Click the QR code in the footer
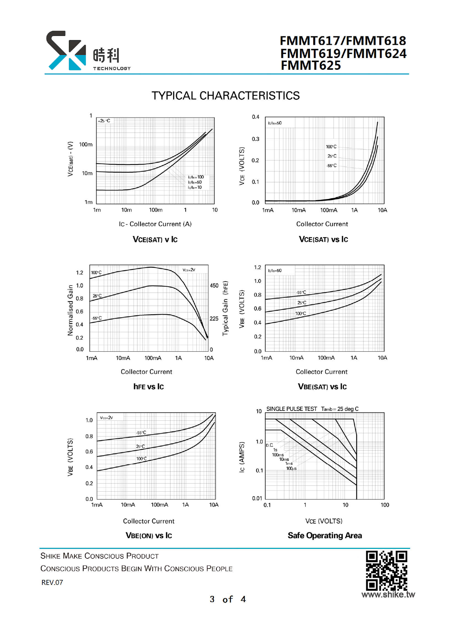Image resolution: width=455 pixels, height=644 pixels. coord(386,571)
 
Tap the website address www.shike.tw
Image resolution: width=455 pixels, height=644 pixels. coord(388,594)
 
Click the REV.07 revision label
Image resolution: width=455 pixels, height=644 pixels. coord(52,582)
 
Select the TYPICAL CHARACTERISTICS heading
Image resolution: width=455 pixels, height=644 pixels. coord(226,96)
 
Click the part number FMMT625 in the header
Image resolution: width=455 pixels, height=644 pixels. coord(311,65)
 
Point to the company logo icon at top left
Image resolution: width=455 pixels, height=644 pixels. coord(66,51)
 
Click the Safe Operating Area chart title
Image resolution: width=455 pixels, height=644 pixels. coord(324,536)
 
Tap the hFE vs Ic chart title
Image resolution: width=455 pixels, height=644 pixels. coord(148,387)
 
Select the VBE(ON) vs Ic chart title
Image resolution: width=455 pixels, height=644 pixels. coord(149,536)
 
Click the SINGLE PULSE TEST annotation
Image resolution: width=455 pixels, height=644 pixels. coord(291,409)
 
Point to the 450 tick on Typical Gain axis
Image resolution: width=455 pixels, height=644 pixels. coord(214,286)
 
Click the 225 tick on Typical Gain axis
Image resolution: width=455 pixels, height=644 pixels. coord(214,319)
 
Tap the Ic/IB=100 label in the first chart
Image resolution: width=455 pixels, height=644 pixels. coord(196,177)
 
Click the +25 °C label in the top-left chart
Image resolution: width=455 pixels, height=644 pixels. coord(104,121)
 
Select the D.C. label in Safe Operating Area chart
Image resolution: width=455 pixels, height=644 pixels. coord(269,445)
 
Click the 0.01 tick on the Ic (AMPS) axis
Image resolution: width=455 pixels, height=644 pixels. coord(257,498)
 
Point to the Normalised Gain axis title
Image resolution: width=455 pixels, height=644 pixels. coord(70,310)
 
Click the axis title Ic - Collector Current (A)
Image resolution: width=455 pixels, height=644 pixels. coord(155,224)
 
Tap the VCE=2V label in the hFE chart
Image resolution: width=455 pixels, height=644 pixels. coord(189,270)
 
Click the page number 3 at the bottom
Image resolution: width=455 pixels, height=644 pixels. coord(212,599)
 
